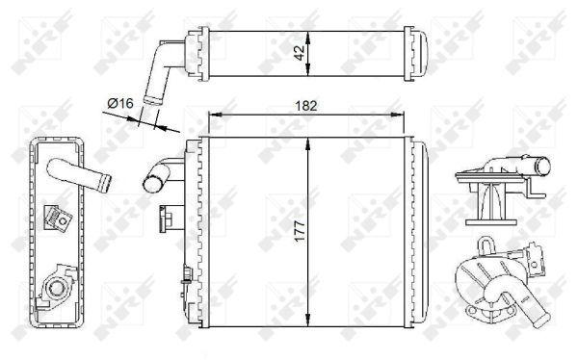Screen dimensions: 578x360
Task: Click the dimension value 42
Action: point(301,52)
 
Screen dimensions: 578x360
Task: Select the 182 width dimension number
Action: point(306,106)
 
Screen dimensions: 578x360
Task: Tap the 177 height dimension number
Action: point(301,231)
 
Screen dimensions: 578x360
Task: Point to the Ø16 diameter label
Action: point(120,103)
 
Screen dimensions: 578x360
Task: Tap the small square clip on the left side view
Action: point(58,219)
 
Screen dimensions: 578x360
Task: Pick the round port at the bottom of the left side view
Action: point(57,288)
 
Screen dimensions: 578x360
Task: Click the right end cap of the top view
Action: point(416,54)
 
